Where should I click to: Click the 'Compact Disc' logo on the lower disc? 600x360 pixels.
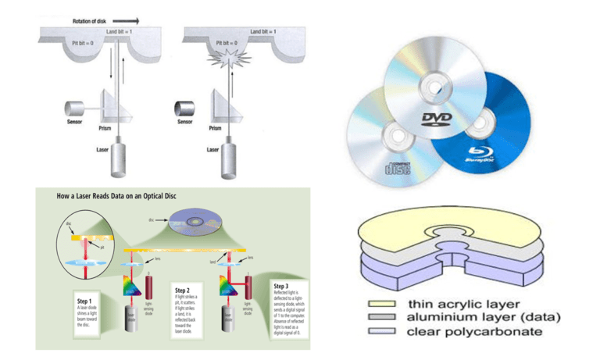(398, 168)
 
